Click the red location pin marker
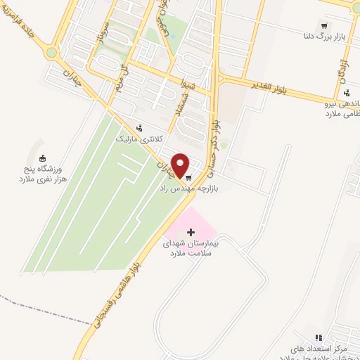[x=181, y=166]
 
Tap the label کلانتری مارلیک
[x=139, y=139]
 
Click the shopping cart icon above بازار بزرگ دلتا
[x=323, y=23]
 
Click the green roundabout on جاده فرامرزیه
[x=51, y=53]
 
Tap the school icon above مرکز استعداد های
[x=318, y=338]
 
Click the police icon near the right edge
[x=347, y=92]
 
